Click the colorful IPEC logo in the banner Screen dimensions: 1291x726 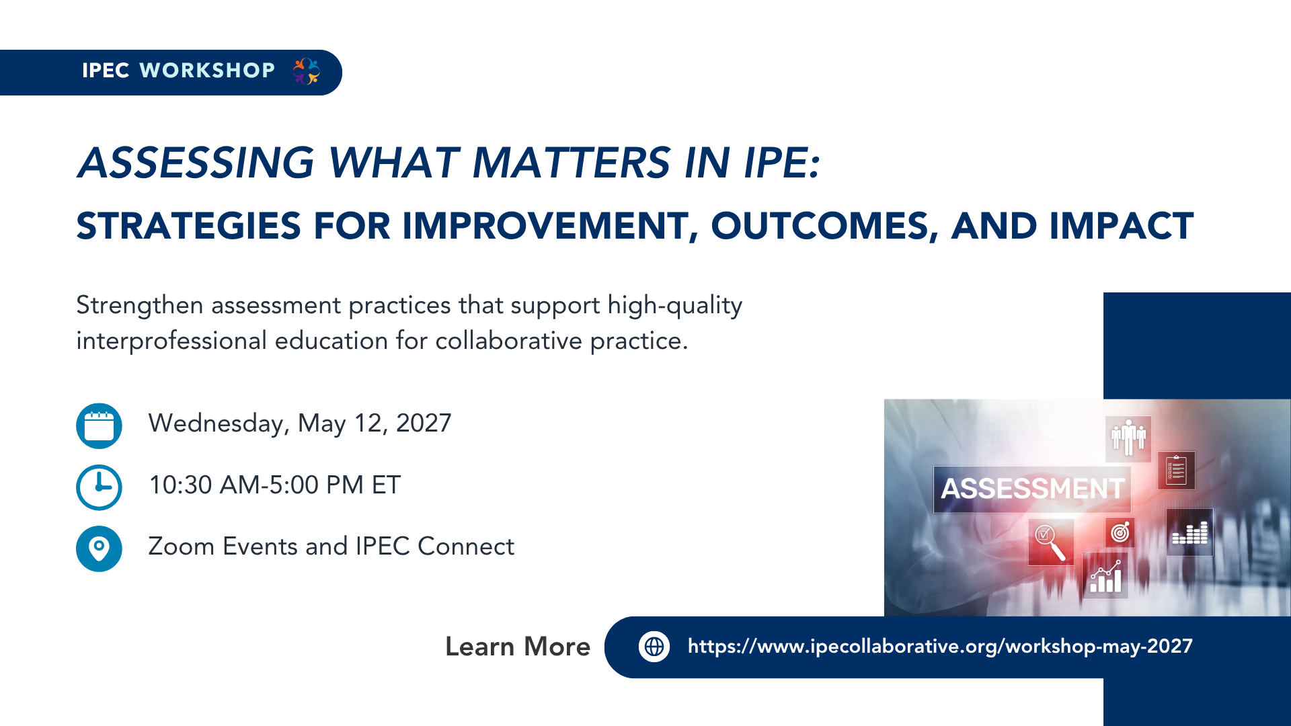click(x=307, y=71)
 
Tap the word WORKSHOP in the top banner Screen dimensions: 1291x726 click(x=207, y=71)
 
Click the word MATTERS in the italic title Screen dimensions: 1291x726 click(x=572, y=163)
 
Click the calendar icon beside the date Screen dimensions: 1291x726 click(x=99, y=426)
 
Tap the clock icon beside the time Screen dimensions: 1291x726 click(x=99, y=487)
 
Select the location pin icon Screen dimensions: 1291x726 click(x=99, y=549)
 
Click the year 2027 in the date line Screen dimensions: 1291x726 click(x=424, y=424)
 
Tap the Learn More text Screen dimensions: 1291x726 click(x=518, y=647)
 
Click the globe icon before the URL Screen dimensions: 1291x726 click(x=654, y=647)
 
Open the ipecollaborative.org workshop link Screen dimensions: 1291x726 click(x=940, y=647)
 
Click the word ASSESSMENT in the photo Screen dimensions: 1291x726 click(x=1032, y=489)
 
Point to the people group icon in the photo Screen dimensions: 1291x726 click(x=1128, y=438)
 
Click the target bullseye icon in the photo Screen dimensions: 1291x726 click(x=1120, y=532)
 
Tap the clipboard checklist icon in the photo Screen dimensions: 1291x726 click(x=1176, y=470)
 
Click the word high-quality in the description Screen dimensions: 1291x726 click(x=675, y=306)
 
